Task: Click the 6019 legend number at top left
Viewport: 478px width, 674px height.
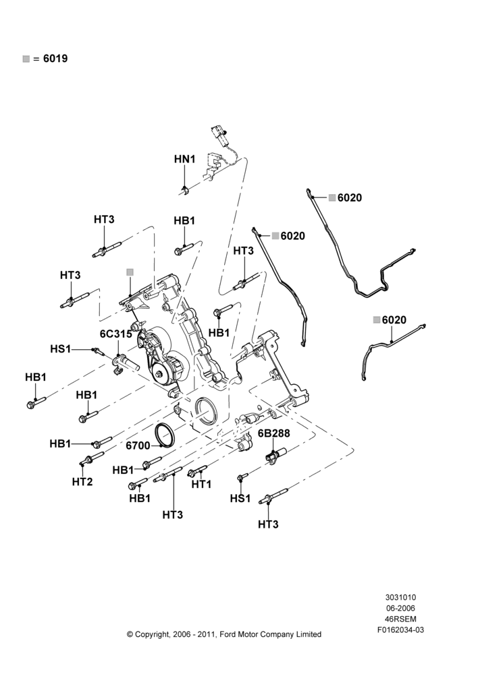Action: pyautogui.click(x=55, y=59)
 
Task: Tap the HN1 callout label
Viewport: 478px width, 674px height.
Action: pyautogui.click(x=185, y=159)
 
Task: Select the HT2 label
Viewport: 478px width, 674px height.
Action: pyautogui.click(x=82, y=482)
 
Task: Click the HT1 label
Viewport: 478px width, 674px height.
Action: pyautogui.click(x=202, y=484)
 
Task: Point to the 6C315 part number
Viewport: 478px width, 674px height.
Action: pyautogui.click(x=116, y=334)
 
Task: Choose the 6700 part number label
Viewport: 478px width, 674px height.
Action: pyautogui.click(x=138, y=446)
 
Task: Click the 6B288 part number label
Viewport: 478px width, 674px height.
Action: pyautogui.click(x=274, y=433)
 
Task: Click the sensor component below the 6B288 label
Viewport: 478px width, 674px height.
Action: pyautogui.click(x=276, y=455)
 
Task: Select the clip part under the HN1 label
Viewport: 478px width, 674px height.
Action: pyautogui.click(x=185, y=191)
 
